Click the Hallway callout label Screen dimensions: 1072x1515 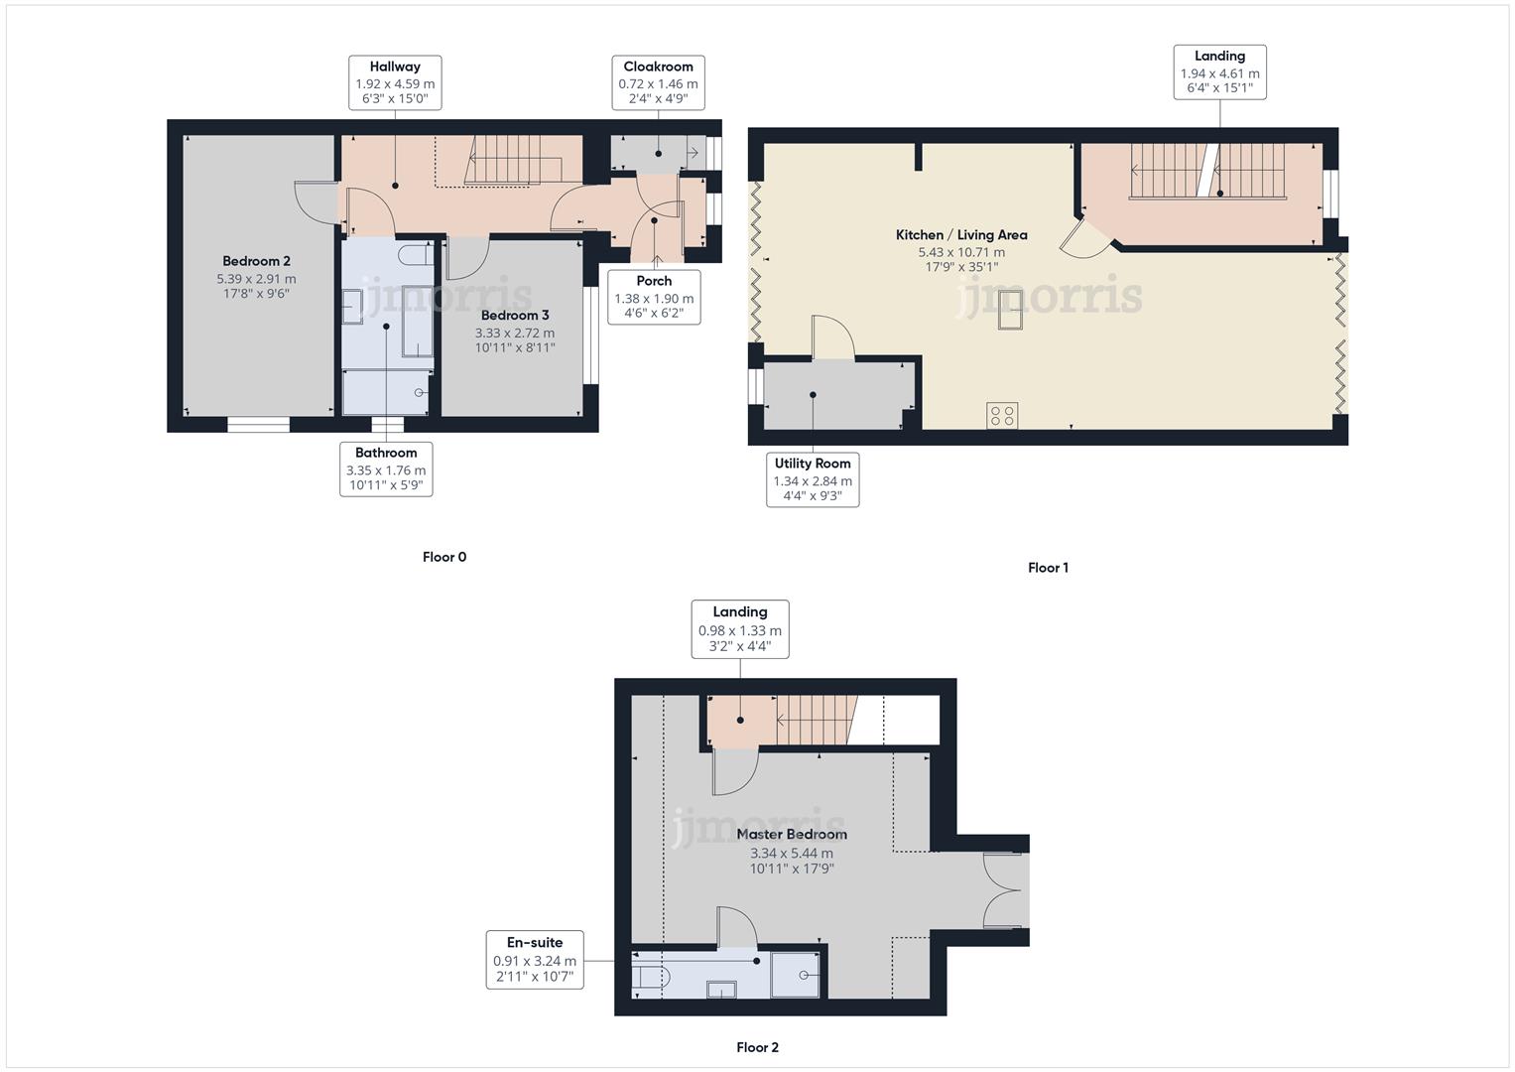point(395,82)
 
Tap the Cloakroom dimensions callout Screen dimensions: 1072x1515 point(658,82)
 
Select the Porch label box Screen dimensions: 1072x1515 point(654,297)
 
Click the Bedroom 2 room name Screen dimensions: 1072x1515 point(256,261)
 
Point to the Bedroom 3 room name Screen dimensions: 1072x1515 point(515,315)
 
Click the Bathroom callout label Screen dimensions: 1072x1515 point(386,469)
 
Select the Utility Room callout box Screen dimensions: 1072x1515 point(813,479)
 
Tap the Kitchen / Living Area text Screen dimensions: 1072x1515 point(961,235)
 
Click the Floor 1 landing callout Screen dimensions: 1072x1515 point(1219,71)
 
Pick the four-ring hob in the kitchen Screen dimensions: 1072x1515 point(1002,415)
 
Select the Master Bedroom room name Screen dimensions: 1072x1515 point(792,835)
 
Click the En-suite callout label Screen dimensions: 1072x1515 point(535,959)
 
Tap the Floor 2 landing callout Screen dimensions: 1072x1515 point(739,628)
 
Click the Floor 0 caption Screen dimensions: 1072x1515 point(444,557)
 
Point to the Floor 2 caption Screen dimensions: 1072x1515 point(757,1047)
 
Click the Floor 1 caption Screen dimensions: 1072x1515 point(1048,568)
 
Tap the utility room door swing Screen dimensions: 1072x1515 point(831,335)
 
